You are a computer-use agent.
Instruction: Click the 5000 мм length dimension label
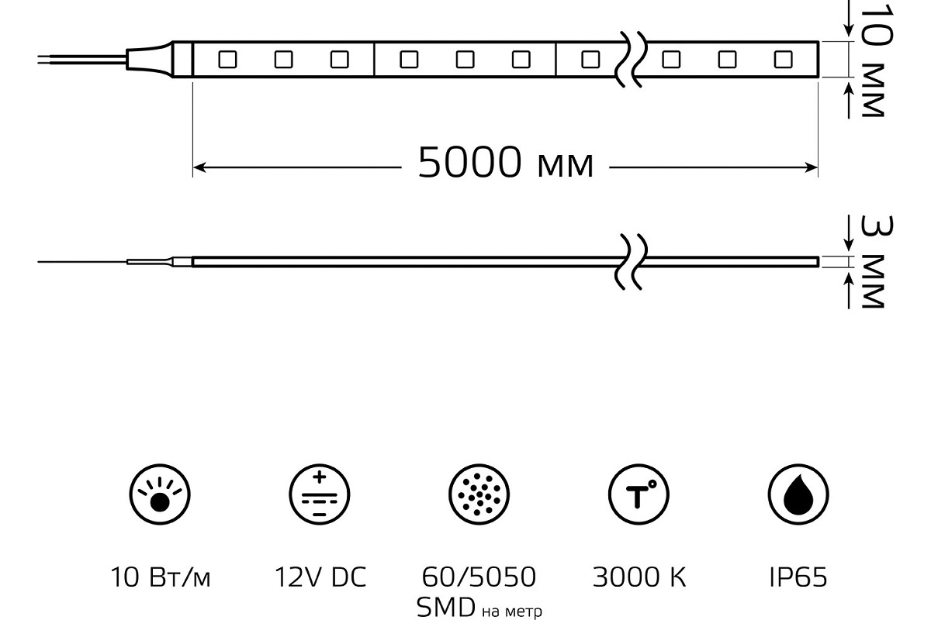[505, 164]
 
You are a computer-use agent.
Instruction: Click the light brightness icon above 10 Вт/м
[160, 493]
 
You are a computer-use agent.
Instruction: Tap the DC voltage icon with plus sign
[320, 493]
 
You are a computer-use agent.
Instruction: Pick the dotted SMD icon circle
[479, 493]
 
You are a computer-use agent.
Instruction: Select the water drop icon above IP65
[798, 493]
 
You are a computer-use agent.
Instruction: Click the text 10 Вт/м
[160, 577]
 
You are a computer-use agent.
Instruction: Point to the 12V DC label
[320, 577]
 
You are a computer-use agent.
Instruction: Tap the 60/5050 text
[479, 577]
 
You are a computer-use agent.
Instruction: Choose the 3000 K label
[639, 577]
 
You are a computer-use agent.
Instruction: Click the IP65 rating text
[798, 577]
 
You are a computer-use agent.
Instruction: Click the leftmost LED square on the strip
[227, 59]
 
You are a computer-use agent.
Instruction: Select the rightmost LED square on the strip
[783, 59]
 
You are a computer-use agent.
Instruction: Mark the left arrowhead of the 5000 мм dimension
[199, 166]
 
